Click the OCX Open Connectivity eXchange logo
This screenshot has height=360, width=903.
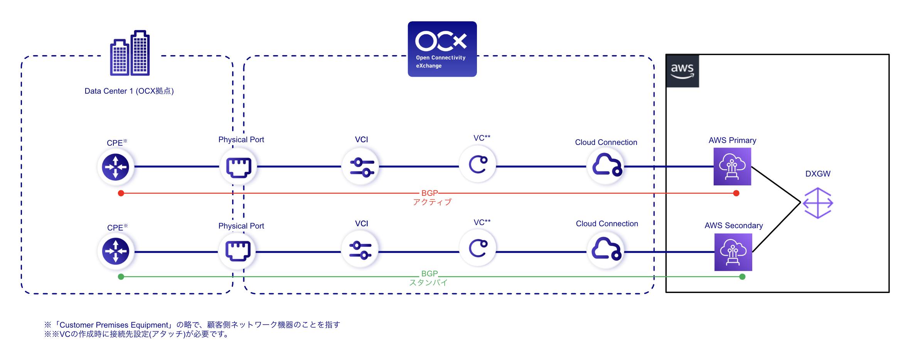442,49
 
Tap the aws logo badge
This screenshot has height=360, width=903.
682,71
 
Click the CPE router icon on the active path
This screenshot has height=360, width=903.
115,167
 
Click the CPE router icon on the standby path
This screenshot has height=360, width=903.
115,251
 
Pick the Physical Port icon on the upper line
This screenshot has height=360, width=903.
239,167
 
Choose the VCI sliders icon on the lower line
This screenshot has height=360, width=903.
360,250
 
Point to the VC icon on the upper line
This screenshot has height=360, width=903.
478,165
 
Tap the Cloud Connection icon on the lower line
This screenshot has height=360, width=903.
606,249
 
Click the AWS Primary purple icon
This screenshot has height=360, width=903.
732,167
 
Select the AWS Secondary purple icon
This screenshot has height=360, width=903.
733,252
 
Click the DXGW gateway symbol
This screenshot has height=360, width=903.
817,203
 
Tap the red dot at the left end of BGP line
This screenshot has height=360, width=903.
121,193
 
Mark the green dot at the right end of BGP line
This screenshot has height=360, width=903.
742,277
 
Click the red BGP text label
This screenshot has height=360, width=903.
429,193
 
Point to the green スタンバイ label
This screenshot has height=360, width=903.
428,283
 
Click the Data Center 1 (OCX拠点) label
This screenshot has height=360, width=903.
129,91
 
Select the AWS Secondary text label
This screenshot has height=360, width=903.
733,225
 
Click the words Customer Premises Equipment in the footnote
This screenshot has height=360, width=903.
114,325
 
